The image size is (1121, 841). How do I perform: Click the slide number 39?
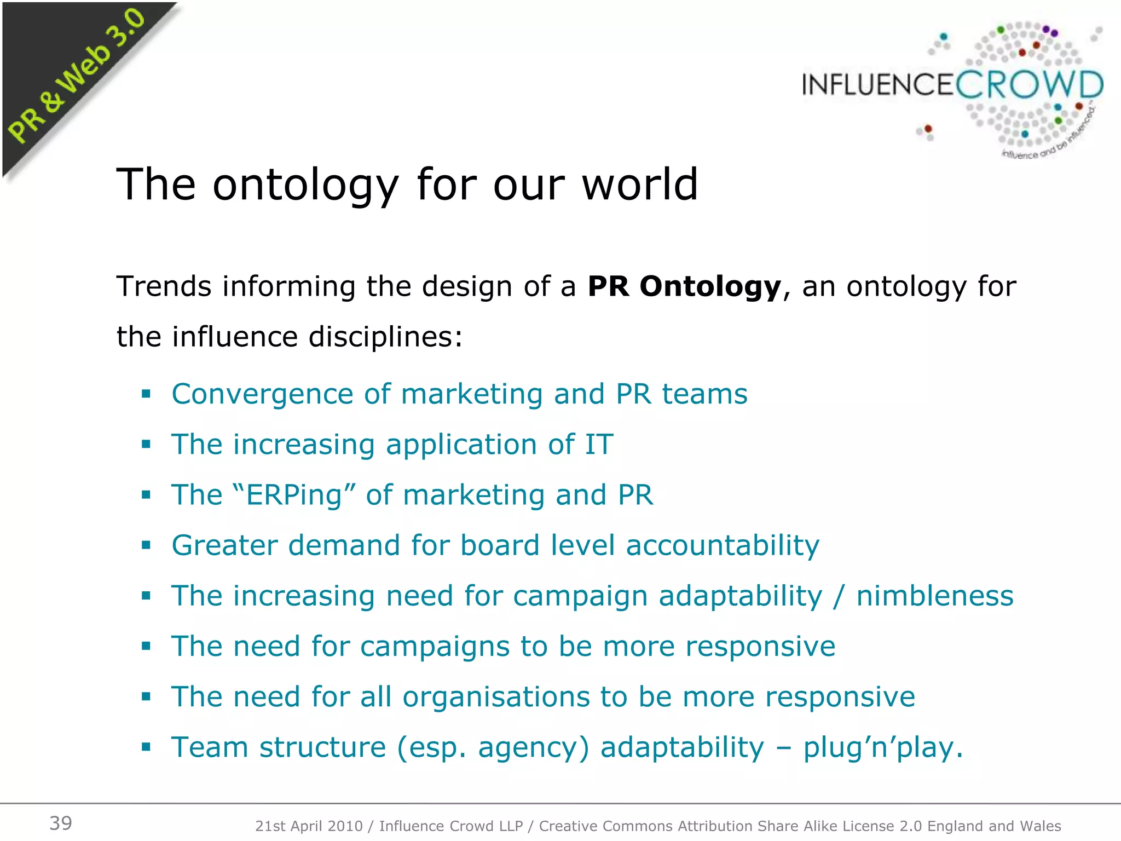[61, 823]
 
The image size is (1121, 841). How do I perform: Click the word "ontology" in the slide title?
[306, 185]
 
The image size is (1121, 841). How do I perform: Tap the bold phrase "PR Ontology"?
[684, 286]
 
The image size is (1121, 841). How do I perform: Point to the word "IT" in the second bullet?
[599, 444]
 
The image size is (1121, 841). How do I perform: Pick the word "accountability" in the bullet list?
[723, 546]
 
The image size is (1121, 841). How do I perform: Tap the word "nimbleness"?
[935, 596]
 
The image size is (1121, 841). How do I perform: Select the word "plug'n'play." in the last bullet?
[883, 748]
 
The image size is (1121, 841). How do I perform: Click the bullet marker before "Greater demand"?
[146, 545]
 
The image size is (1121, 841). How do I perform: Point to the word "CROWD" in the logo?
[1030, 85]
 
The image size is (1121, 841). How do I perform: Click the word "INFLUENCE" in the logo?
[878, 85]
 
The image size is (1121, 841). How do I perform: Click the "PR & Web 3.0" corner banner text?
[77, 77]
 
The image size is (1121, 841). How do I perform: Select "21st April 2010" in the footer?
[309, 826]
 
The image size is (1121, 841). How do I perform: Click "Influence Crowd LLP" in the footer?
[451, 826]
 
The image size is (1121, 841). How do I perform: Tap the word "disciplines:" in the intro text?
[386, 337]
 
